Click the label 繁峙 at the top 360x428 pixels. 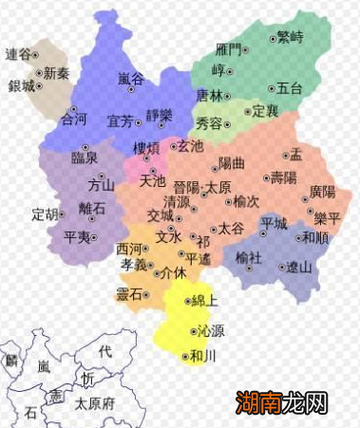click(290, 37)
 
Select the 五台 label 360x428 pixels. click(290, 88)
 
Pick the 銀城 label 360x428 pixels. click(21, 85)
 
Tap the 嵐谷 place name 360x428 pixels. click(131, 78)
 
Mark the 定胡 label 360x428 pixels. click(45, 213)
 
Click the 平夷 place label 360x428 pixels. click(77, 236)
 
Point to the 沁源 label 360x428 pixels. click(212, 331)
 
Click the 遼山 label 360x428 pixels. click(299, 267)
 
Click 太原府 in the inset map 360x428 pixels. click(94, 402)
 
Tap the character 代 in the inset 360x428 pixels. click(105, 352)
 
